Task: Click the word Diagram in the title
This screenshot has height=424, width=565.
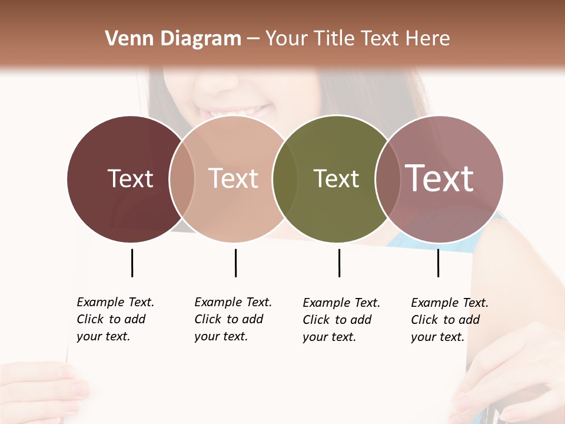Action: point(200,39)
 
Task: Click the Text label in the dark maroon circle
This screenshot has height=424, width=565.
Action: point(130,178)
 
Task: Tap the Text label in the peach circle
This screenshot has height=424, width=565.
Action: point(233,178)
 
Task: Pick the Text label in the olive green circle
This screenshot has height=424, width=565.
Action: point(336,178)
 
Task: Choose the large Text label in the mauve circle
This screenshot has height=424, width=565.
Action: point(440,178)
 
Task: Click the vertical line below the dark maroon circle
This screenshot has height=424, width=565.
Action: point(132,263)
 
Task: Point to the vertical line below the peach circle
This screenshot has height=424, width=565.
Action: point(235,263)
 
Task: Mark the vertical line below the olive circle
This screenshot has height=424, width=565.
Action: point(339,263)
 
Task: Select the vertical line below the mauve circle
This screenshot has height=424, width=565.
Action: point(438,263)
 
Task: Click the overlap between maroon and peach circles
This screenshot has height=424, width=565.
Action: point(182,179)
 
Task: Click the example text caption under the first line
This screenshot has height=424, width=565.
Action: point(115,319)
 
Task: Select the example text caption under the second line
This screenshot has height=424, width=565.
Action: point(233,319)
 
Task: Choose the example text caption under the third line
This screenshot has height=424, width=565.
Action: point(341,320)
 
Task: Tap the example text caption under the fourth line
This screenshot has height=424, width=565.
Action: point(450,320)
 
